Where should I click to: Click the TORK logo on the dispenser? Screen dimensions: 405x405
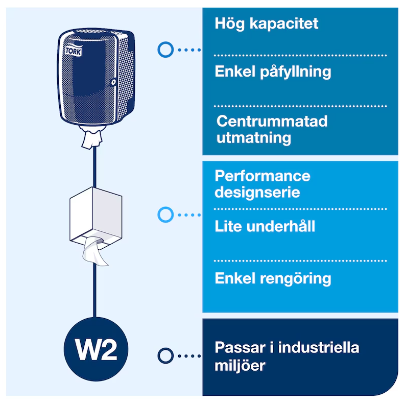(73, 51)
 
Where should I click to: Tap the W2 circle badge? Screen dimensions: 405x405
(97, 349)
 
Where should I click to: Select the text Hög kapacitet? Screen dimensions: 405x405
(266, 23)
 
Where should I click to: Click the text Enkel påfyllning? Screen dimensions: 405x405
(273, 72)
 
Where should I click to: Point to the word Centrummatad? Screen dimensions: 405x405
(272, 122)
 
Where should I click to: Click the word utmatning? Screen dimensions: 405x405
(253, 137)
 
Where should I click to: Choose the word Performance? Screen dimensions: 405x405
(263, 176)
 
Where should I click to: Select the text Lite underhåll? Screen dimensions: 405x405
(265, 226)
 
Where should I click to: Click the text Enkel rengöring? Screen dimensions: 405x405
(273, 279)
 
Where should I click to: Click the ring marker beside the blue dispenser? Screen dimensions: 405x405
(165, 50)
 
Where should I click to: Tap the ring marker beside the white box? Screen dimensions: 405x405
(165, 215)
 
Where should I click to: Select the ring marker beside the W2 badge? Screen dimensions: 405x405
(165, 355)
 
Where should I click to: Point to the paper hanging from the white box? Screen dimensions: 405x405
(94, 252)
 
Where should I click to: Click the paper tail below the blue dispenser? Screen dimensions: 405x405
(90, 137)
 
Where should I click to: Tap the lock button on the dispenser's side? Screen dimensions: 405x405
(114, 82)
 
